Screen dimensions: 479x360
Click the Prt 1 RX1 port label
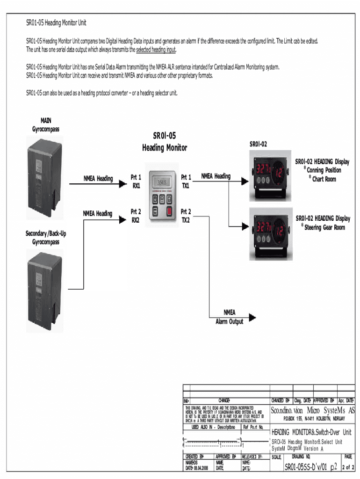[x=136, y=181]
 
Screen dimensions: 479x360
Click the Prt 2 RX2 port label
[x=136, y=216]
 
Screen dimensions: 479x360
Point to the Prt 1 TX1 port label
[x=186, y=181]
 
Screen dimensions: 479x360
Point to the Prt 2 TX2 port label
[x=186, y=216]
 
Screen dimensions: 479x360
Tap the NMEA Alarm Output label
[x=229, y=317]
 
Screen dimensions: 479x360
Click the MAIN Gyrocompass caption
[x=46, y=124]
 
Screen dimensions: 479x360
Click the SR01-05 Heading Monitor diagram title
[x=165, y=142]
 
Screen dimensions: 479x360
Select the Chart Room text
[x=324, y=179]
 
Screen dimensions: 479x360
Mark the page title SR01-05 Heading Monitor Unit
[x=56, y=23]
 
